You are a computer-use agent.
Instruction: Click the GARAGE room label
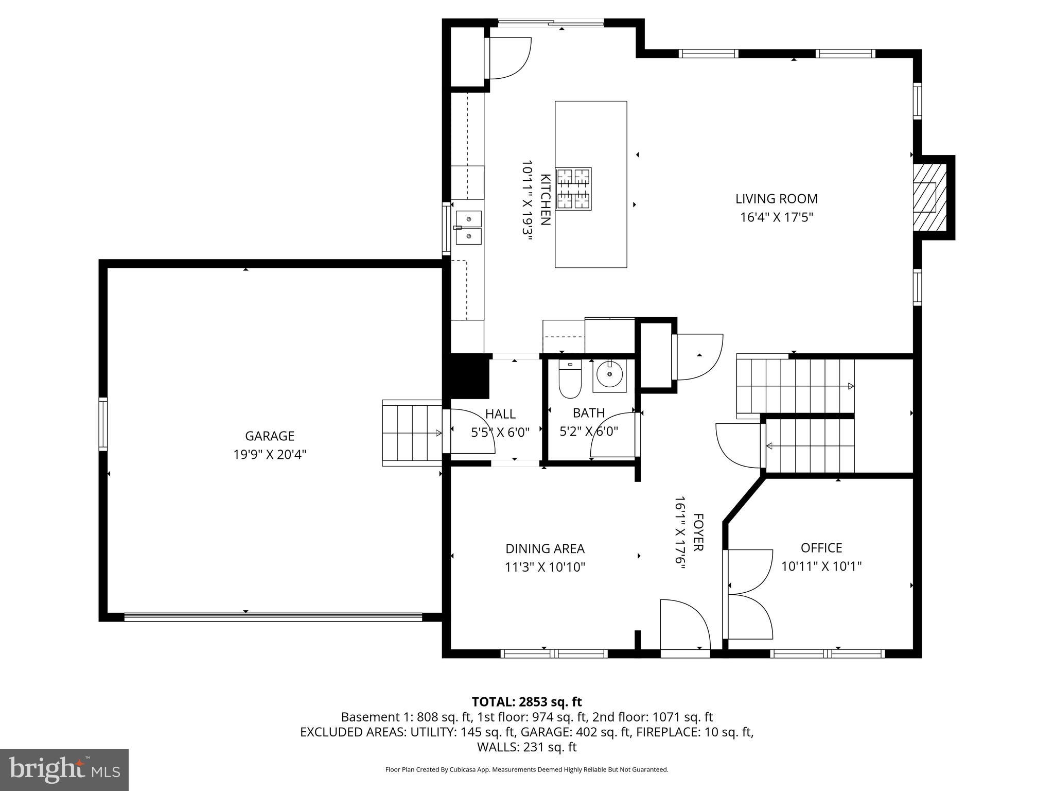(269, 436)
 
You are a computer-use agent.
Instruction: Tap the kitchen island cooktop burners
(573, 189)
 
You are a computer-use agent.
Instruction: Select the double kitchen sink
(468, 227)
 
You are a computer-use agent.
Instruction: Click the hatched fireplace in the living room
(929, 197)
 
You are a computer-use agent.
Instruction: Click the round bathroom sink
(610, 375)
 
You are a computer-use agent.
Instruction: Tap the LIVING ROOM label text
(776, 199)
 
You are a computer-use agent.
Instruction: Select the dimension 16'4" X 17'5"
(776, 217)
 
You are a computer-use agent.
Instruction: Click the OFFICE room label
(821, 547)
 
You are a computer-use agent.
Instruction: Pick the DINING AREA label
(544, 548)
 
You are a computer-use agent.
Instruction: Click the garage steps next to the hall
(412, 433)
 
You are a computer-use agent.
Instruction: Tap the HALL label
(500, 414)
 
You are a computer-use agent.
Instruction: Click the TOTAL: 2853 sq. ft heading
(526, 701)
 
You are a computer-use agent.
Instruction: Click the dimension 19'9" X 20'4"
(269, 455)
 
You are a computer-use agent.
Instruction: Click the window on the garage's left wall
(103, 424)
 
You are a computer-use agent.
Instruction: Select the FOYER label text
(698, 532)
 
